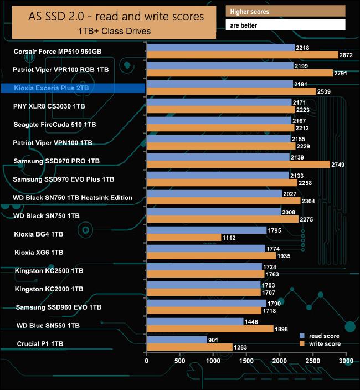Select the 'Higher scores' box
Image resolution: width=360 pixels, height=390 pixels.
coord(285,11)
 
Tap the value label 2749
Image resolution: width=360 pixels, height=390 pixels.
coord(339,165)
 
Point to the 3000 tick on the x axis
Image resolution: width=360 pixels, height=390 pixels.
coord(346,361)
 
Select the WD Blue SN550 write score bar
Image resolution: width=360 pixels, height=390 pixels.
coord(210,329)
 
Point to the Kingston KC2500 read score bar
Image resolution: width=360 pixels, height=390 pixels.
coord(204,267)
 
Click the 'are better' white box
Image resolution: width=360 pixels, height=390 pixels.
coord(285,25)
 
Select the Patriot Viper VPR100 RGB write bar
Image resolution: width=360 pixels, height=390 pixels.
coord(239,73)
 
